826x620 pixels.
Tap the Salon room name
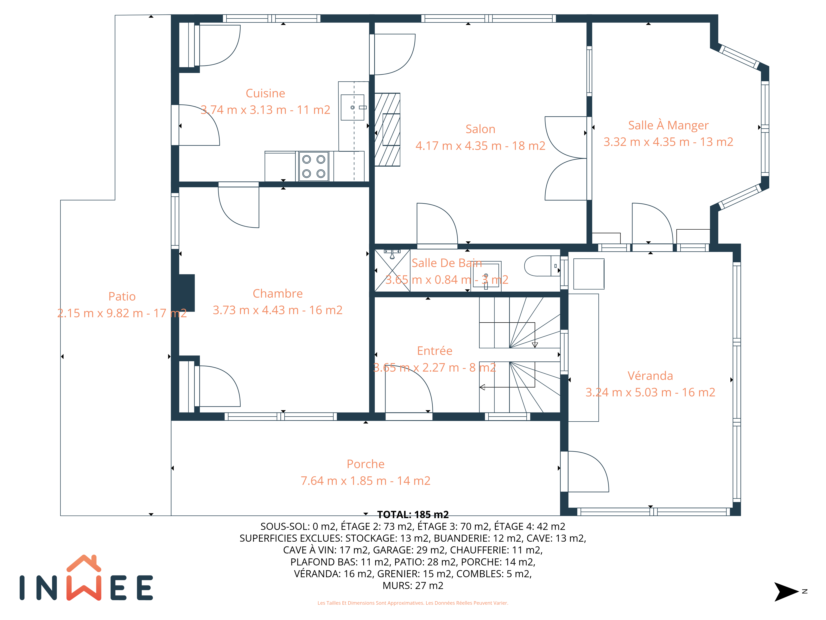point(480,129)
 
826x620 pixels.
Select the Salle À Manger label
point(668,125)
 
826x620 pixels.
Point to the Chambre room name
point(278,293)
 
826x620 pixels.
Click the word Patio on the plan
point(122,296)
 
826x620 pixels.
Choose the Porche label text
point(366,464)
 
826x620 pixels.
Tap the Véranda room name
point(650,376)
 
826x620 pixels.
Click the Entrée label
point(435,351)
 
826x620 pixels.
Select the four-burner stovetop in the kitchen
point(314,166)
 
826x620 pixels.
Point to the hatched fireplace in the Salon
point(387,129)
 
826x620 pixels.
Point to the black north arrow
point(786,592)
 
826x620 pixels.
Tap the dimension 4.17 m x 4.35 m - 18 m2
point(480,146)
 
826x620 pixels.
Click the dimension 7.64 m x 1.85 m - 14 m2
point(366,480)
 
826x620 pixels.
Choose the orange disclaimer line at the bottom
point(413,603)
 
